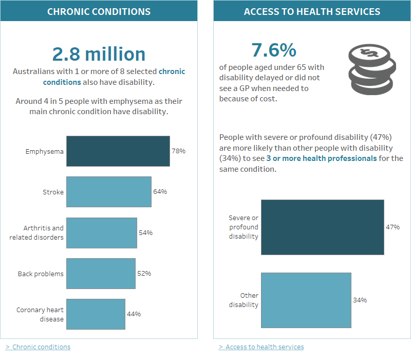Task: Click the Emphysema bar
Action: (118, 151)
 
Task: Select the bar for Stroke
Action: (108, 192)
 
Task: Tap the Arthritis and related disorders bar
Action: (101, 232)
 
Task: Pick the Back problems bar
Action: (101, 273)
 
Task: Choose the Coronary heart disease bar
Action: (96, 314)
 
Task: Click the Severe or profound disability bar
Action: (322, 227)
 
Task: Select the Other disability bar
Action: (306, 300)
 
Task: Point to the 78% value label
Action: (178, 151)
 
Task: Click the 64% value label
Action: (160, 192)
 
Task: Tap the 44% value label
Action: (134, 314)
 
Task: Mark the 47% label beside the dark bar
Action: (393, 227)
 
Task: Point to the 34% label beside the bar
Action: (360, 300)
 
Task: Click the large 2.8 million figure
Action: (99, 54)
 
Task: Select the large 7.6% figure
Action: (273, 50)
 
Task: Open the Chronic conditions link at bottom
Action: (41, 347)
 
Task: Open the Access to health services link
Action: (264, 347)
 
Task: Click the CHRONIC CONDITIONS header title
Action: (99, 11)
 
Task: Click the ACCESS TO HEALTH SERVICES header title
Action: (312, 11)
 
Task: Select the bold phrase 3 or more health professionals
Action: (321, 158)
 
